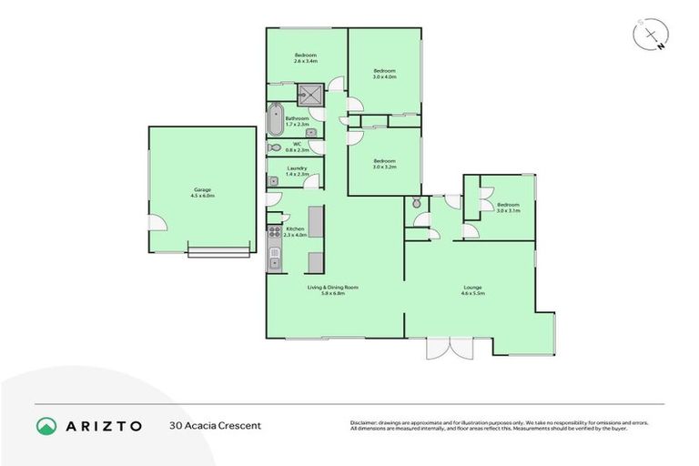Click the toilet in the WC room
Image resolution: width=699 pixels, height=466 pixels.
(274, 147)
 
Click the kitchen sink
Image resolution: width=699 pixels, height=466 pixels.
(273, 262)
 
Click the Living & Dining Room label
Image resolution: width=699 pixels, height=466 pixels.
(333, 290)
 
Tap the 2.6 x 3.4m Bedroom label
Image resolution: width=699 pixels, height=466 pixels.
(305, 58)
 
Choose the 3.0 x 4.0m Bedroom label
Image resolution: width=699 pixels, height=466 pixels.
(385, 74)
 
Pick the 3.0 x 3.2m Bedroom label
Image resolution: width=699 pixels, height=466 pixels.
(385, 164)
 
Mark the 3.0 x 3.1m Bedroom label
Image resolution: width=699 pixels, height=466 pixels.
(508, 208)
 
